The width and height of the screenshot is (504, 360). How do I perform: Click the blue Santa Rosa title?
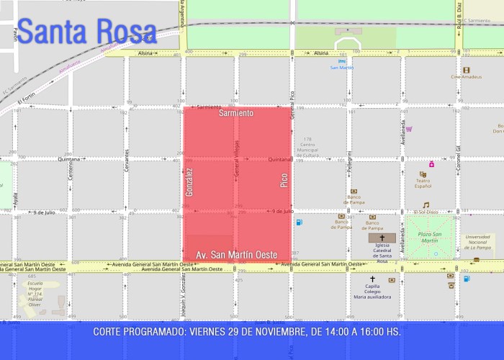coord(86,32)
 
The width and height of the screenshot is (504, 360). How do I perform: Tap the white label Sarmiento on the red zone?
coord(236,113)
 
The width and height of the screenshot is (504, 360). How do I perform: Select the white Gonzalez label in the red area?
coord(189,182)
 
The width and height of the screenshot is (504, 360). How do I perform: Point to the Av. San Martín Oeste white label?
coord(236,255)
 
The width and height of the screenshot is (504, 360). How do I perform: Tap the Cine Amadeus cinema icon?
coord(466,70)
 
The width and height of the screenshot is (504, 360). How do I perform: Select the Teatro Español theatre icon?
coord(423,174)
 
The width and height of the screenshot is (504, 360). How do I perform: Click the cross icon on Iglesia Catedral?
coord(382,238)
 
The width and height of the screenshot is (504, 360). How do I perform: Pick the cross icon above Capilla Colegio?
coord(372,279)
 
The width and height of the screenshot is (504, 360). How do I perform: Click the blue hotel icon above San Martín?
coord(342,61)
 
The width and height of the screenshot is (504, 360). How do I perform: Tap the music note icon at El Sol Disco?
coord(426,204)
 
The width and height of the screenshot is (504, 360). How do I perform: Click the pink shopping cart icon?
coord(409,129)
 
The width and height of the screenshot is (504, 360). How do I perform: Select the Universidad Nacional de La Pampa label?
coord(477,243)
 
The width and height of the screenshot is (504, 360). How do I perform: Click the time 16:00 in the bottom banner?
coord(370,332)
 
